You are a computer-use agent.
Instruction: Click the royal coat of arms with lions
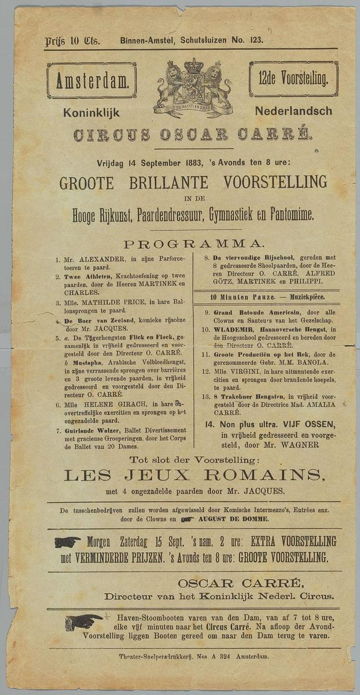(x=193, y=88)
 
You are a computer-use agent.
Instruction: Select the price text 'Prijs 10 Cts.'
(x=72, y=41)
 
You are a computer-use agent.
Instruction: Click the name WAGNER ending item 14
(x=300, y=445)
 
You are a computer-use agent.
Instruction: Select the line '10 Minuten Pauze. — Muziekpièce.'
(x=267, y=297)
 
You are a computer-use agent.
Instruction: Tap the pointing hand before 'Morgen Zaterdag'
(x=67, y=542)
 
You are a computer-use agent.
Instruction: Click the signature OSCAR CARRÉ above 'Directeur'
(x=240, y=583)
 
